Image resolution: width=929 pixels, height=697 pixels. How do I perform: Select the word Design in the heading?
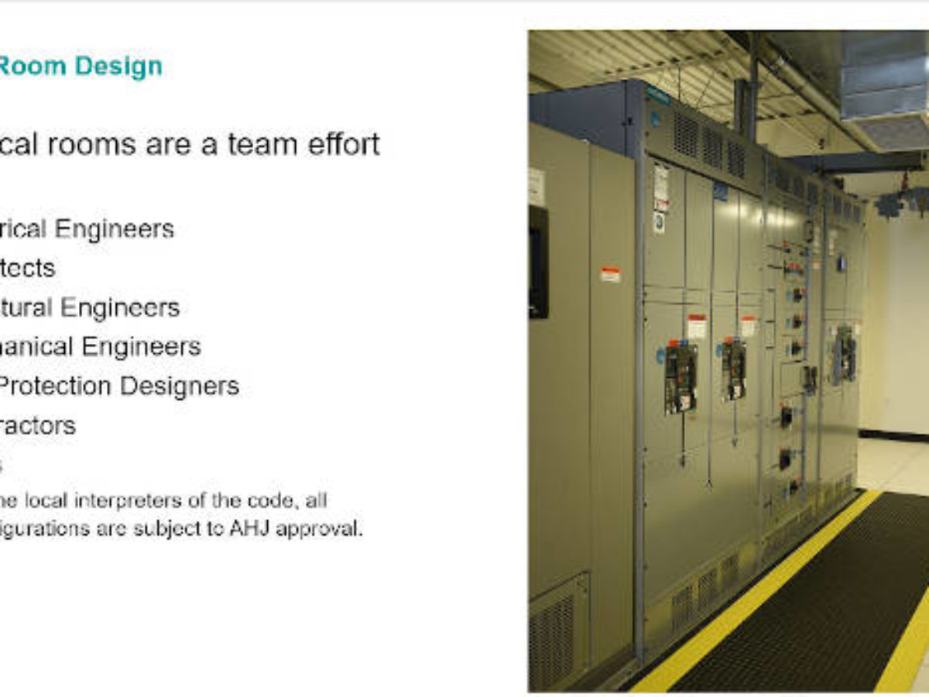(119, 67)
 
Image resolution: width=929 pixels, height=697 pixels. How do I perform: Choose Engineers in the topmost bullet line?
(123, 229)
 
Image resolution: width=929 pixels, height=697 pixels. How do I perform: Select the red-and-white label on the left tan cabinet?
(610, 274)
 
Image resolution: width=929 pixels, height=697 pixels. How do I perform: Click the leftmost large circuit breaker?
(680, 376)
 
